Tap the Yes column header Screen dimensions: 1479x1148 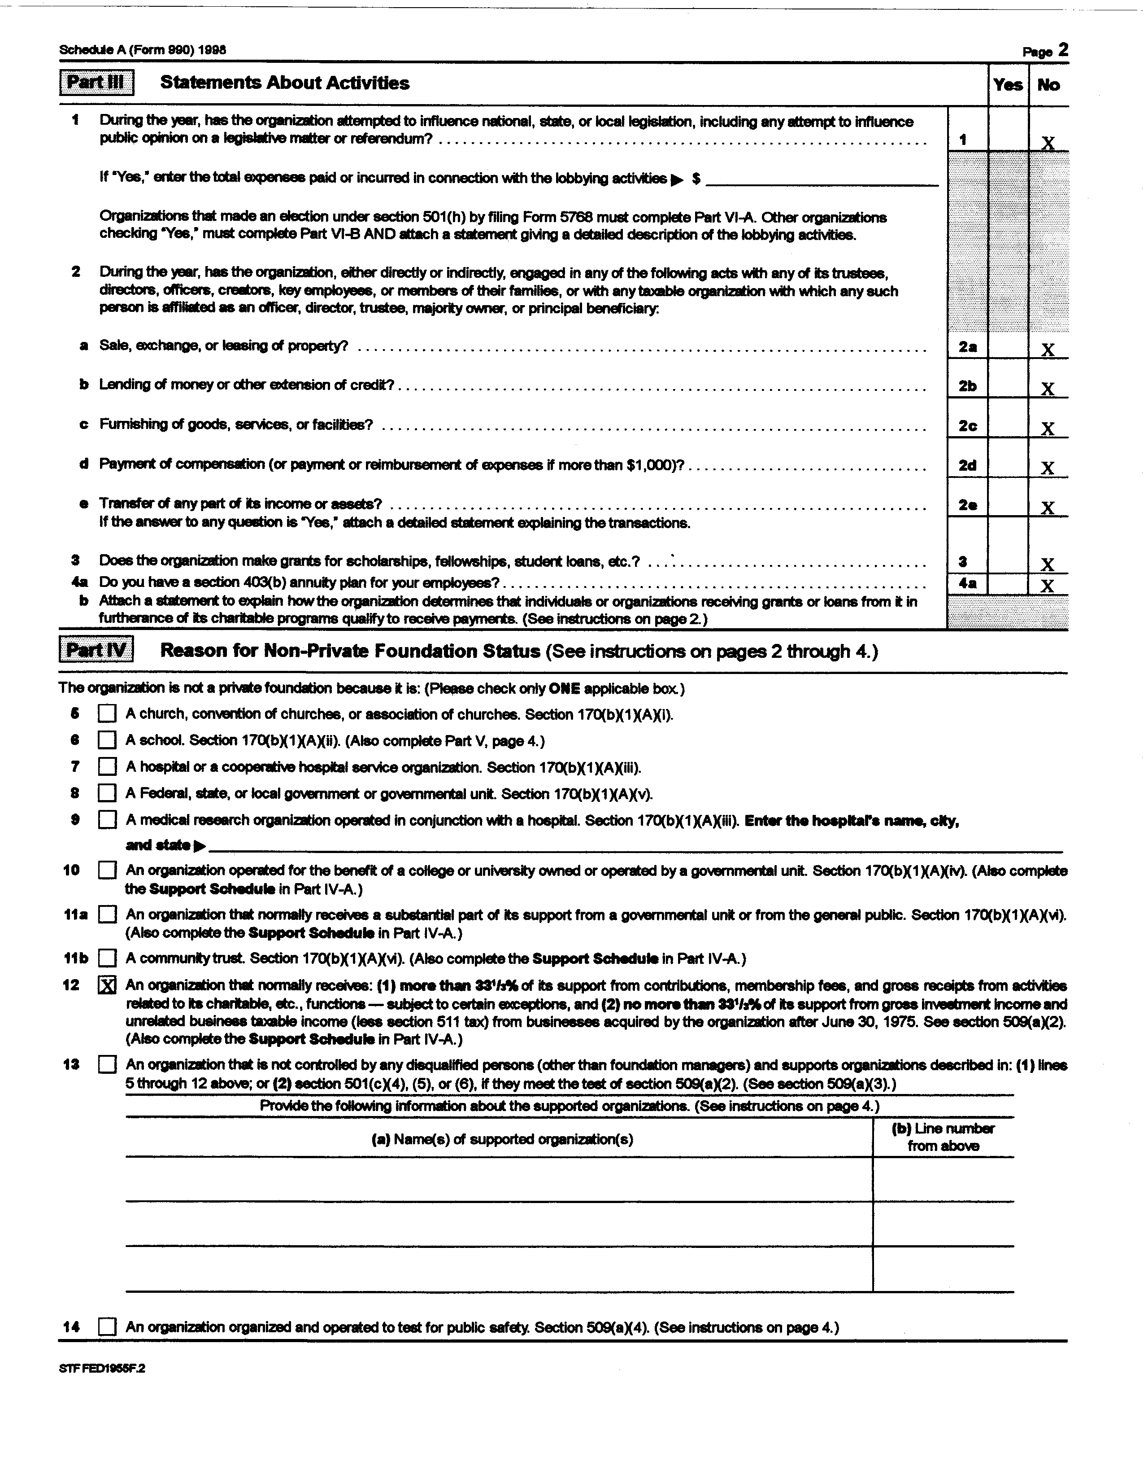click(1008, 85)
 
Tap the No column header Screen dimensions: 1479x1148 click(1048, 85)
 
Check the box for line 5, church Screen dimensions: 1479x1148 click(107, 714)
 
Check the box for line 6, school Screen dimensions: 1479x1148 click(107, 740)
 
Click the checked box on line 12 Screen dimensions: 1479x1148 click(107, 985)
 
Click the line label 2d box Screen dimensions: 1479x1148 click(967, 466)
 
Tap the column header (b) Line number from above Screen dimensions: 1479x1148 click(943, 1137)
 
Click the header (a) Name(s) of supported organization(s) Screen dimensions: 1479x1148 click(502, 1139)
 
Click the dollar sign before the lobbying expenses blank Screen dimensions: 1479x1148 click(696, 179)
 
